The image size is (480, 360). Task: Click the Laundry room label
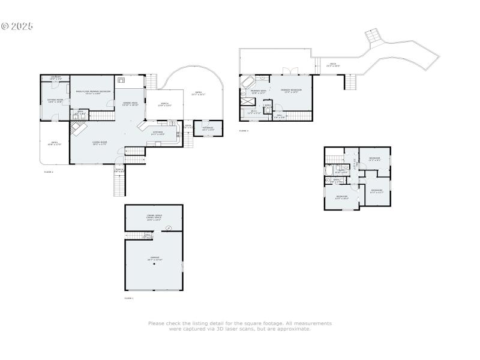[x=56, y=78]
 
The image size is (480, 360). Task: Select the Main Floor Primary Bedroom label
[x=92, y=92]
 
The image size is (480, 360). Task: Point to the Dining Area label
[x=130, y=104]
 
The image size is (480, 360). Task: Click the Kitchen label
[x=158, y=133]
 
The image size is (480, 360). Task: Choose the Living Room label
[x=99, y=143]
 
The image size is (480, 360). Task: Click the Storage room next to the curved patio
[x=208, y=128]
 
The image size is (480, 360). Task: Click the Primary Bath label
[x=258, y=92]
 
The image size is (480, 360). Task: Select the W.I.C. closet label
[x=254, y=112]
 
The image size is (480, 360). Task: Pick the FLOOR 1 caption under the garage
[x=129, y=298]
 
